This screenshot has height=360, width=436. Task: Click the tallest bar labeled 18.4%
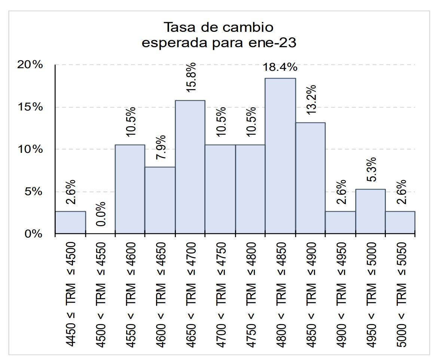click(x=280, y=156)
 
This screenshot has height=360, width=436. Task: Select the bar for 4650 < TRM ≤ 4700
click(x=190, y=167)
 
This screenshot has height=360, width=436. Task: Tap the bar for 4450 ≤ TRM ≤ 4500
click(x=70, y=223)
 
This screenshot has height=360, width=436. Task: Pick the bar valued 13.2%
click(x=310, y=178)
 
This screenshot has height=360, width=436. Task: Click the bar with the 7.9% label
click(x=160, y=200)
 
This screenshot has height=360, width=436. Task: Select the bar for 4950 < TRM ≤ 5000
click(x=370, y=212)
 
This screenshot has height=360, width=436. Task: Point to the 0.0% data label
click(x=100, y=214)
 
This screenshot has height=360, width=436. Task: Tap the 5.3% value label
click(x=371, y=170)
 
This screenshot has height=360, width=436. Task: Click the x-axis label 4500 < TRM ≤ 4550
click(x=100, y=295)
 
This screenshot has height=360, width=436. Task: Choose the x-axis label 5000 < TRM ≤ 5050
click(x=401, y=295)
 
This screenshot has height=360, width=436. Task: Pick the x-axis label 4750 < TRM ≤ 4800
click(x=250, y=295)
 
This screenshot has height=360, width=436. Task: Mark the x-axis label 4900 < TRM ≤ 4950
click(x=341, y=295)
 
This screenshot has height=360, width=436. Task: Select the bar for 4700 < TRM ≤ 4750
click(x=220, y=189)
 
